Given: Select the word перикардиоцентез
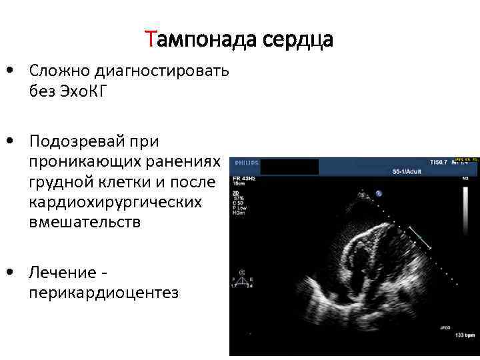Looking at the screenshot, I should [103, 293].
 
